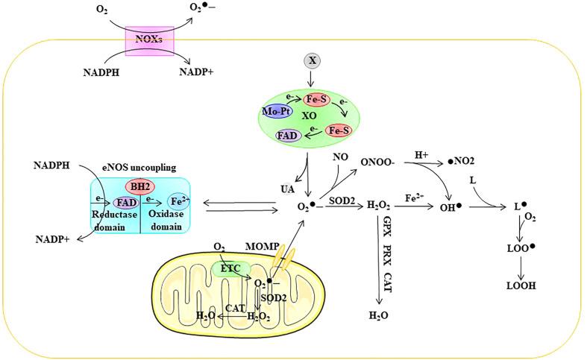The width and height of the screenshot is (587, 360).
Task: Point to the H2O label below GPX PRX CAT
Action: (379, 316)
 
